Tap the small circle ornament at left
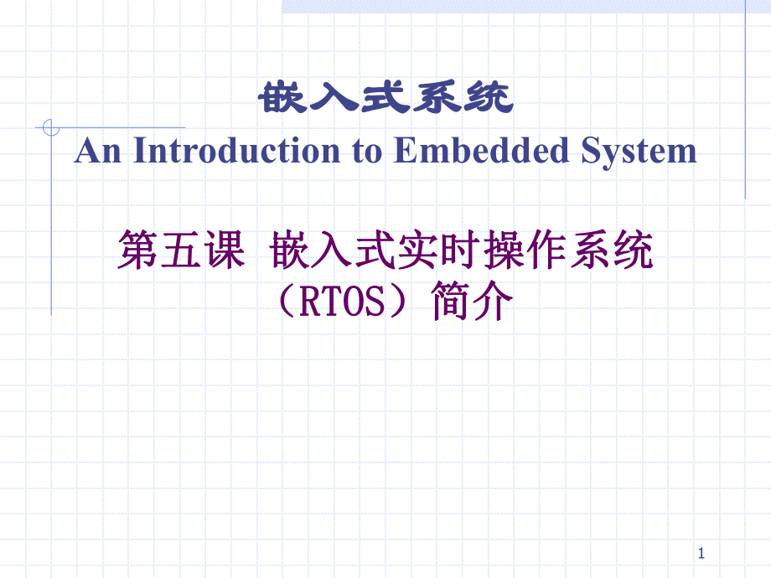[50, 128]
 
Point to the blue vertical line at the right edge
[745, 101]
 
